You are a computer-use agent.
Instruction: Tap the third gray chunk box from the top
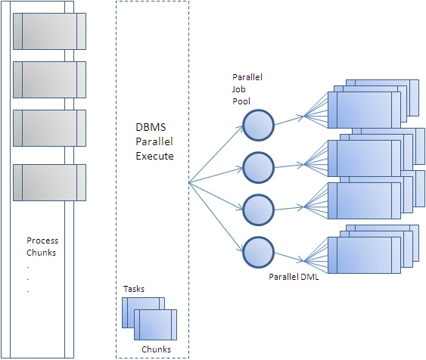point(49,128)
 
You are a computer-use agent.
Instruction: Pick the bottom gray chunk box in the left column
point(49,182)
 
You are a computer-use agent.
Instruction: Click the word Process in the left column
point(42,241)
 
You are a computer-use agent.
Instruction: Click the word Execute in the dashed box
point(150,156)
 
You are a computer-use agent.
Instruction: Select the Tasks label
point(134,289)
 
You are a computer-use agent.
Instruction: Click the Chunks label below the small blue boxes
point(157,349)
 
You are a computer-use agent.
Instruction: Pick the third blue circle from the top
point(258,206)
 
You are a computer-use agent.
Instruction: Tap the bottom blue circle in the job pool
point(258,250)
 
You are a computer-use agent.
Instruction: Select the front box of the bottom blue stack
point(362,256)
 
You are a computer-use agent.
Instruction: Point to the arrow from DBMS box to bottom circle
point(216,216)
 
